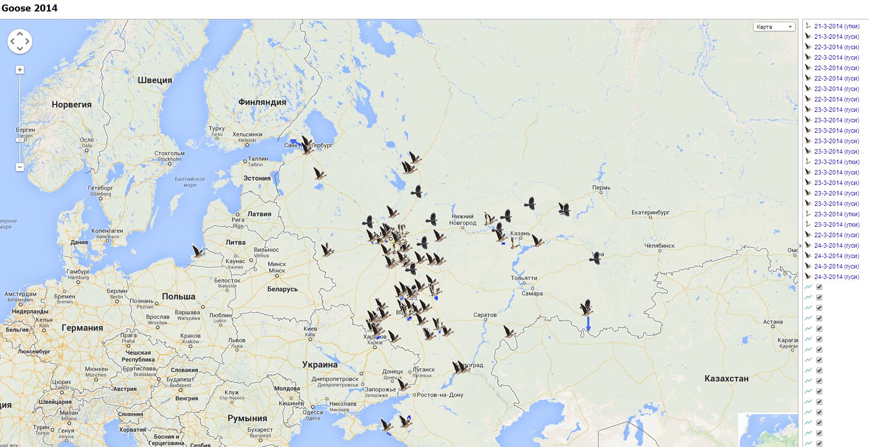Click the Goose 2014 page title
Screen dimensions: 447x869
coord(29,8)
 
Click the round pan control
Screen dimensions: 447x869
coord(20,41)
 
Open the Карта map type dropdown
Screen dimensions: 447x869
coord(774,27)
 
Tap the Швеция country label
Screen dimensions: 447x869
coord(155,80)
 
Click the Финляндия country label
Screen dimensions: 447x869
coord(262,102)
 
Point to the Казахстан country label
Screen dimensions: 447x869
coord(726,378)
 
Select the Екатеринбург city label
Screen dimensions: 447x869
coord(650,212)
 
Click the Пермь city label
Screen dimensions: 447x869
coord(601,187)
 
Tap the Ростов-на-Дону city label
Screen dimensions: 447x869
coord(440,395)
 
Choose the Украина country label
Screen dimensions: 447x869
coord(319,364)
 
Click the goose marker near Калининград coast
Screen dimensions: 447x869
coord(199,251)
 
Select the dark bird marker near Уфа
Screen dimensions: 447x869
coord(595,258)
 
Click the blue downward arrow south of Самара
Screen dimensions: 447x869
coord(588,324)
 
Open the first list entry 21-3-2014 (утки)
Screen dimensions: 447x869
coord(837,26)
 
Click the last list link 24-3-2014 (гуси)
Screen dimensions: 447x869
coord(836,276)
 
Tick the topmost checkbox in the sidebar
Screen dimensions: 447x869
coord(819,287)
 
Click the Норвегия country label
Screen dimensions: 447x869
coord(72,104)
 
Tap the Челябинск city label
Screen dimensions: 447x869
coord(659,246)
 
